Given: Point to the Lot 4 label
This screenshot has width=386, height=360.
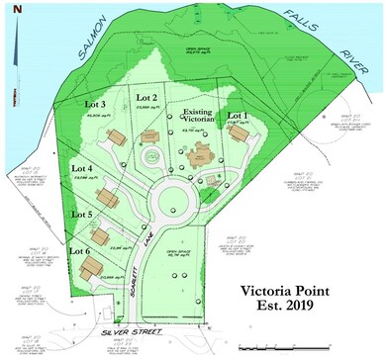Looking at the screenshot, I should [x=83, y=168].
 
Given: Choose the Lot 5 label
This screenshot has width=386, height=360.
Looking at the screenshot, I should [x=83, y=213].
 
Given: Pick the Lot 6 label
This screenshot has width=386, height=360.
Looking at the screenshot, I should [x=79, y=250].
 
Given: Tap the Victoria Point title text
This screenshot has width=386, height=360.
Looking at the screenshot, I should [x=290, y=292].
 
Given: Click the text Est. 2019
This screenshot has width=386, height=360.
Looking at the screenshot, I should [x=290, y=312].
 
